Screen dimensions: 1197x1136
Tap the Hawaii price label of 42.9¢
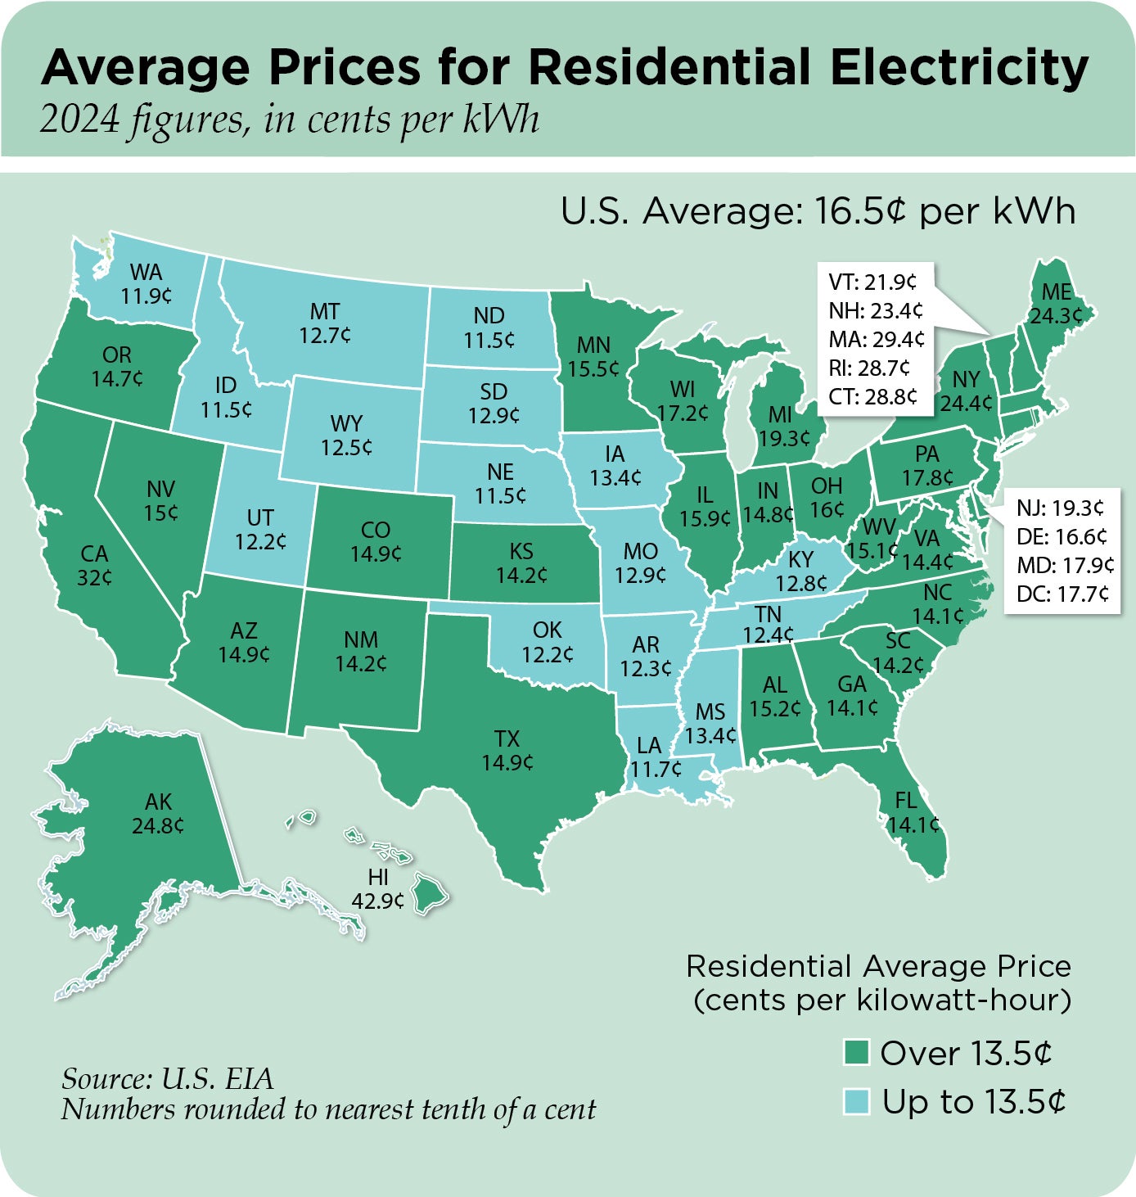377,889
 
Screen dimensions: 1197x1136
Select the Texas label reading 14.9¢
507,751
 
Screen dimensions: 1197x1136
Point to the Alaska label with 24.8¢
158,814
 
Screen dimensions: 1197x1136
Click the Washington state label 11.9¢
147,284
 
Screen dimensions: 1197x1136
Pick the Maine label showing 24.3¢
1056,304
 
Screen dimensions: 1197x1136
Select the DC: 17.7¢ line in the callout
1062,594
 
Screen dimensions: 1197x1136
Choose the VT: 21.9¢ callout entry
872,282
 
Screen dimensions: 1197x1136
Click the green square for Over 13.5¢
855,1053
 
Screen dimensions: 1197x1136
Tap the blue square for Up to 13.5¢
855,1102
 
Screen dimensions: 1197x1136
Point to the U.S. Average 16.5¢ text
818,211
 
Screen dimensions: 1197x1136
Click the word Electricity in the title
958,67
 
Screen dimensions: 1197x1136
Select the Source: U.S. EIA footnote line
167,1078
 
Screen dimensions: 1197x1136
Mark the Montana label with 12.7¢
325,323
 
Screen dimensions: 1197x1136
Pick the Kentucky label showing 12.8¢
801,571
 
